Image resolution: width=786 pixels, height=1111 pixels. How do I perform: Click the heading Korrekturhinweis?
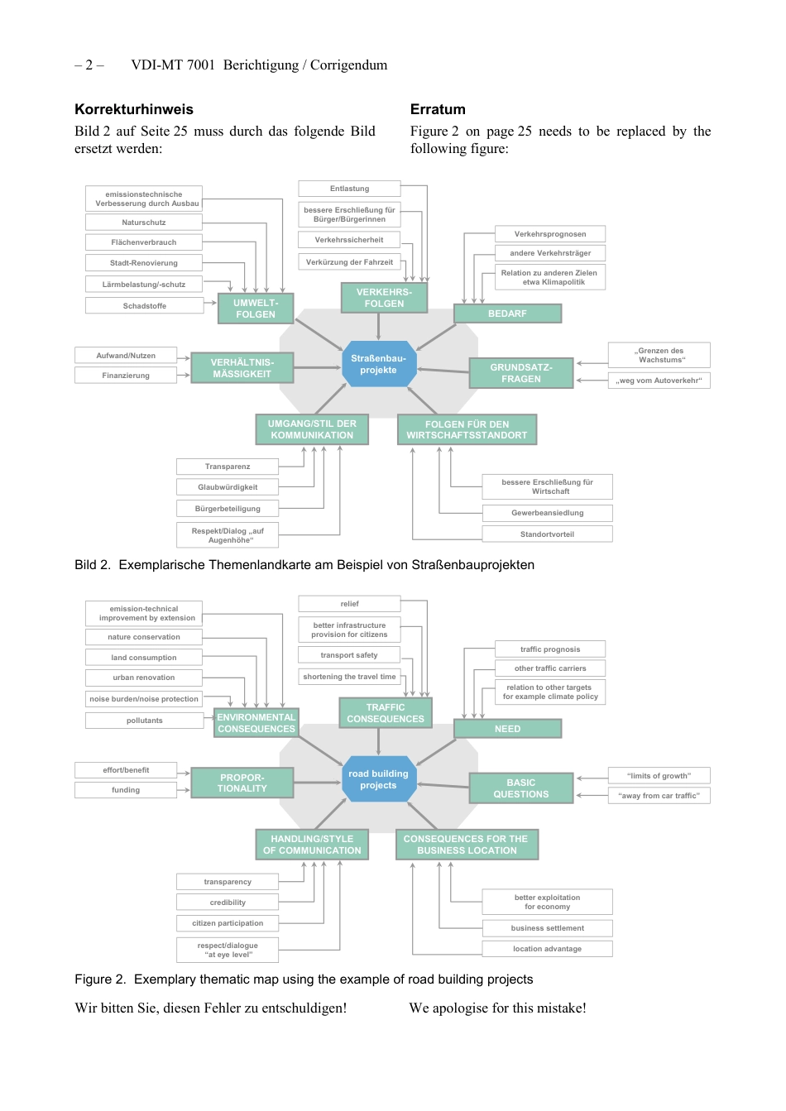[x=134, y=109]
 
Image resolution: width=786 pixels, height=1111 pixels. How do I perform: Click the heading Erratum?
[x=438, y=109]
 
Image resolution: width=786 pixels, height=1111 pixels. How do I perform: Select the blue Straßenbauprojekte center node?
[x=378, y=364]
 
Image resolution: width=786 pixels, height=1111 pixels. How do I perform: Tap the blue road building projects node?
[x=378, y=779]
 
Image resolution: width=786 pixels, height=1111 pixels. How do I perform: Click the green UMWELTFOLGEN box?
[x=256, y=309]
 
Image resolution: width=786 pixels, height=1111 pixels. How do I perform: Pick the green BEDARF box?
[x=507, y=314]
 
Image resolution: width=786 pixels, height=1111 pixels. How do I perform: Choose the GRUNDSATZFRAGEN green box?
[x=520, y=373]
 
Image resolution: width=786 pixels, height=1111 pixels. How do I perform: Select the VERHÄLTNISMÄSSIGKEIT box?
[x=242, y=368]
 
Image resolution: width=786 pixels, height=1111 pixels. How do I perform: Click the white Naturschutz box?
[x=144, y=223]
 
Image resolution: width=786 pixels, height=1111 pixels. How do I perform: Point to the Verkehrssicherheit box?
[x=349, y=240]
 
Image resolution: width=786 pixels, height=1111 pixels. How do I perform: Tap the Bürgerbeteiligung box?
[x=228, y=509]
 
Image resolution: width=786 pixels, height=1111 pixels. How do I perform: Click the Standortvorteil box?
[x=547, y=534]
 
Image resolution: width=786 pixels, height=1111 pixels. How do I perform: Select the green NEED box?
[x=507, y=729]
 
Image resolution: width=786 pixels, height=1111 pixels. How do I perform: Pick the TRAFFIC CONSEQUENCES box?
[x=385, y=713]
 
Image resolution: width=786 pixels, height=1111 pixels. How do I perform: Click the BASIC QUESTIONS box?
[x=520, y=788]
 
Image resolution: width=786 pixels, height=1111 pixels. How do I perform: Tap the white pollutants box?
[x=144, y=721]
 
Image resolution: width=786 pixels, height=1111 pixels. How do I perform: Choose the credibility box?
[x=228, y=903]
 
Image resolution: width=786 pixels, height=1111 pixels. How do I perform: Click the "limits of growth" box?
[x=659, y=776]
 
